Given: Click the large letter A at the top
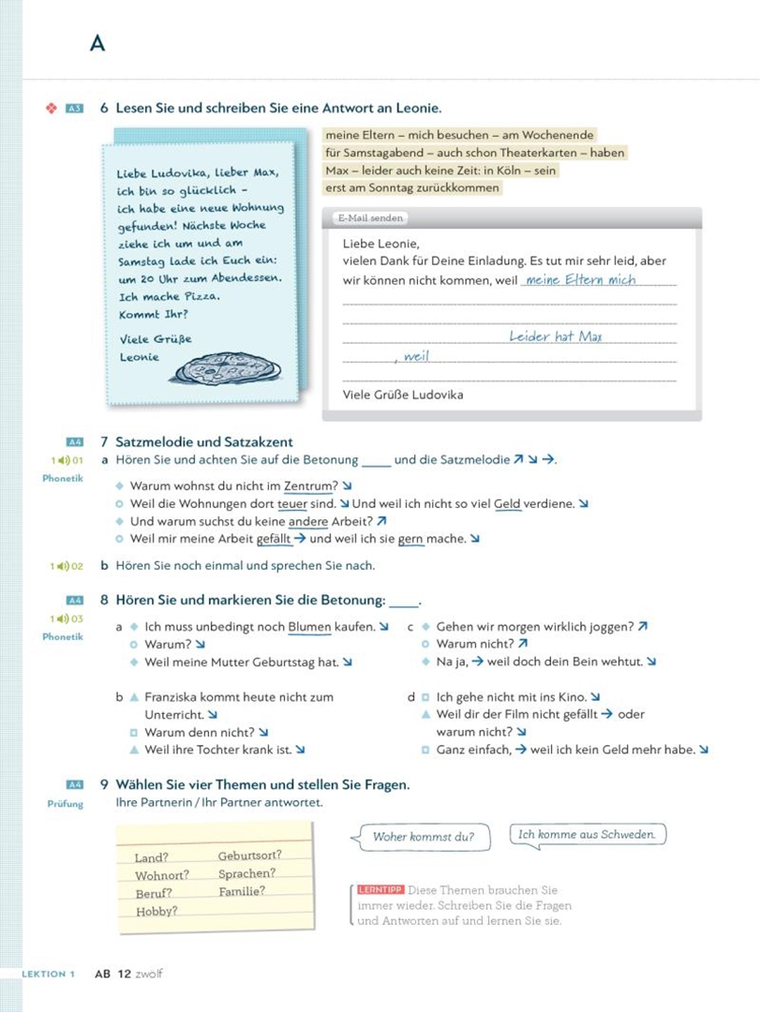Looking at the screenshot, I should point(97,43).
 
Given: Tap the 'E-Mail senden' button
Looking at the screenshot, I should point(371,218).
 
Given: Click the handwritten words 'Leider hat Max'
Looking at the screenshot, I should point(556,336).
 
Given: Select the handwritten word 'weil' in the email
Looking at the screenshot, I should point(414,356).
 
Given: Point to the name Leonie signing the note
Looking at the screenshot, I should point(140,357).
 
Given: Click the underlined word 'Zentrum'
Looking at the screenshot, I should point(310,486).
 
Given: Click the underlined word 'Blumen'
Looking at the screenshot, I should point(309,627).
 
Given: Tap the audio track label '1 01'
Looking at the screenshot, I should point(67,460).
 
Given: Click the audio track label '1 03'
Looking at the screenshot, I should point(67,618).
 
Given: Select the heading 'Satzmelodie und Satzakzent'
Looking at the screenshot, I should point(204,441).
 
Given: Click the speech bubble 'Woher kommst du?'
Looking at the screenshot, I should point(424,837).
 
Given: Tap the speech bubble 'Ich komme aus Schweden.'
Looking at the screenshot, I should point(588,834).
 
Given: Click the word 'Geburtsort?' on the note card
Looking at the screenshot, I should point(249,856).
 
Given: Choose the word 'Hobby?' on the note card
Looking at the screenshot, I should point(156,911).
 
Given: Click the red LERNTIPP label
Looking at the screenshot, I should point(380,890).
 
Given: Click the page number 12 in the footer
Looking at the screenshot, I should point(124,974).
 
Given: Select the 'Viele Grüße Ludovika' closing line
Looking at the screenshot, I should point(403,394).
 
